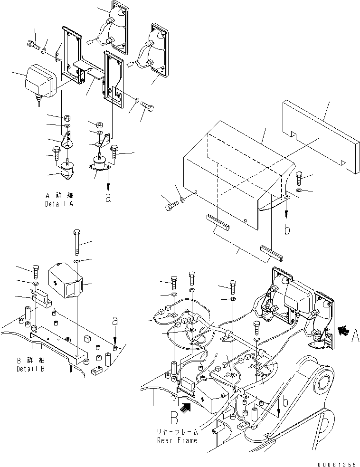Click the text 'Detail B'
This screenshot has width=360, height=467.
click(x=32, y=368)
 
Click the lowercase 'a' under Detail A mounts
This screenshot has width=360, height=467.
click(x=108, y=198)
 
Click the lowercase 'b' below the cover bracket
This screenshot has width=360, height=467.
click(x=286, y=230)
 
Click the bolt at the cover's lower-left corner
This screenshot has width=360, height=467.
click(x=172, y=207)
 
